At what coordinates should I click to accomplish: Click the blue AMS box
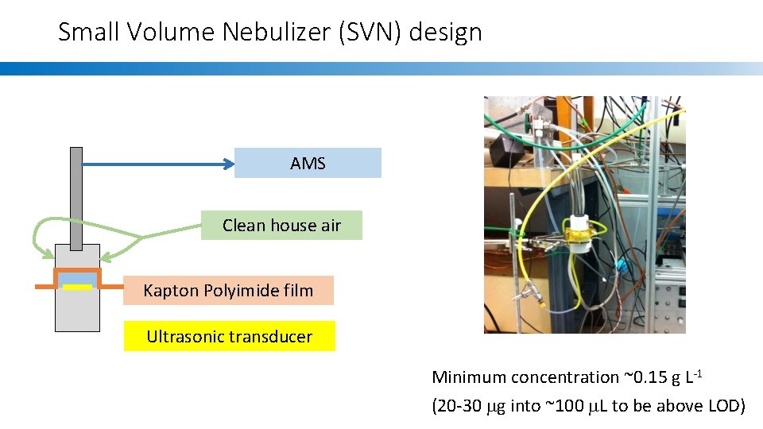(x=308, y=163)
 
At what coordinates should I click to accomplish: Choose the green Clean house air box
(x=281, y=225)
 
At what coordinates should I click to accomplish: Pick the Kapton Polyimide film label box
(x=228, y=290)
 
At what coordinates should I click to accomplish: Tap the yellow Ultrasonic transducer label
(x=229, y=336)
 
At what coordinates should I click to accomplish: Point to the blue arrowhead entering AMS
(x=229, y=164)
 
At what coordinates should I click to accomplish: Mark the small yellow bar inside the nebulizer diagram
(x=78, y=286)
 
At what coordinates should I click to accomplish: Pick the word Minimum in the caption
(x=468, y=377)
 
